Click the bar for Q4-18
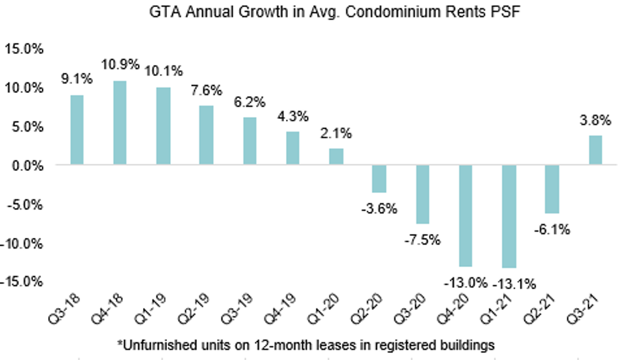point(120,123)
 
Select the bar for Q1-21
point(509,216)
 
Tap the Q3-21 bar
point(595,150)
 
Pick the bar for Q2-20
point(379,179)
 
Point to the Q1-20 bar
point(336,157)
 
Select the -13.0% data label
point(466,283)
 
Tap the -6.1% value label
point(552,230)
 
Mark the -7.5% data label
point(422,240)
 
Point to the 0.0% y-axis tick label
point(25,165)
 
